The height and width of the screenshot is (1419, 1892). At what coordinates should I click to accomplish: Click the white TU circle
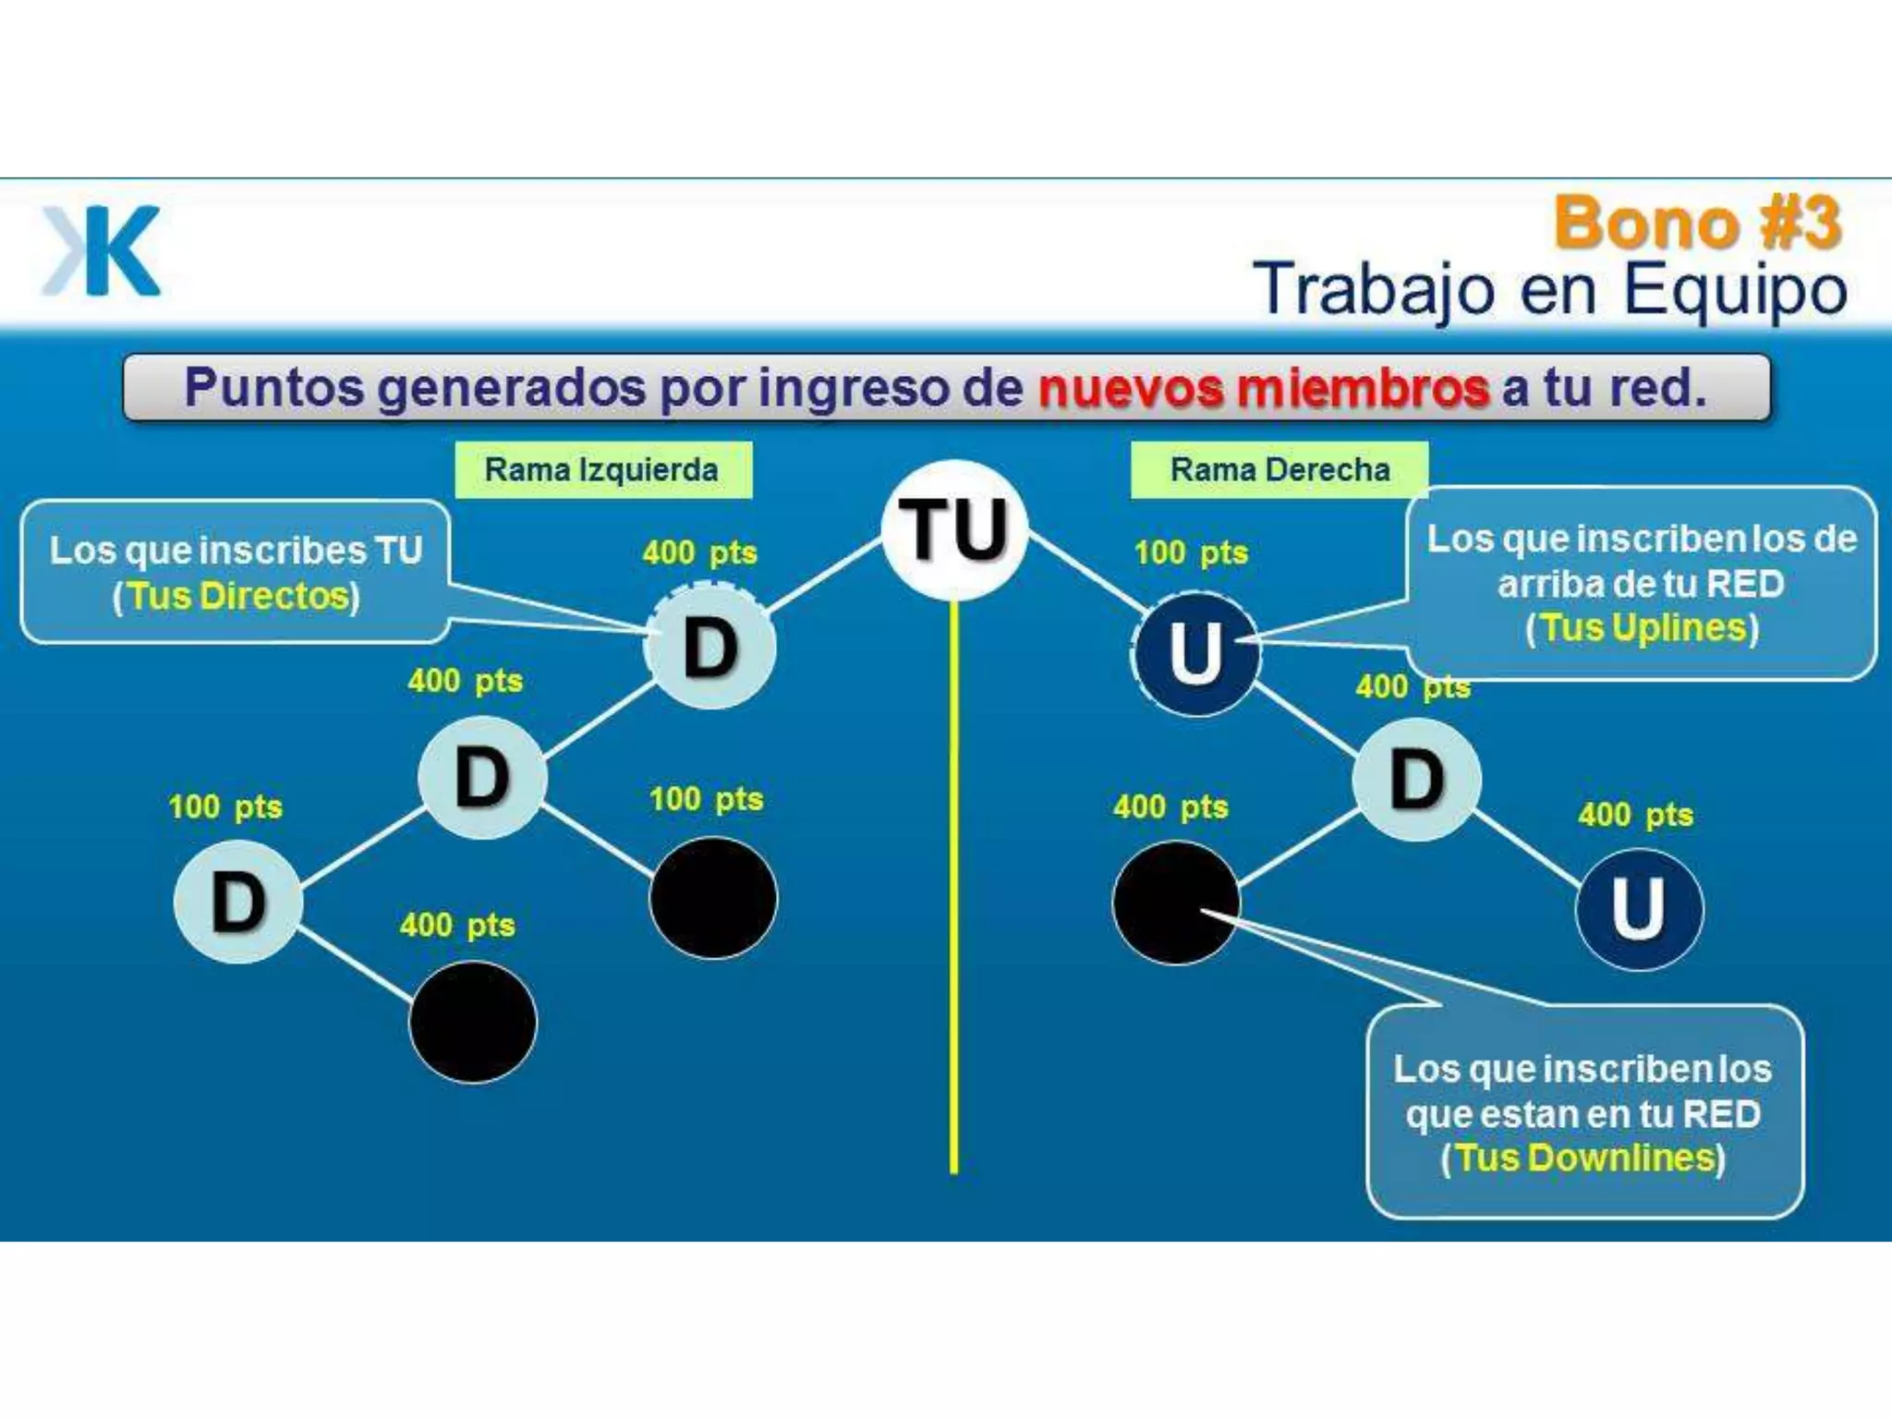954,529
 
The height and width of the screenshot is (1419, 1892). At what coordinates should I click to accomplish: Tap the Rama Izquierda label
602,470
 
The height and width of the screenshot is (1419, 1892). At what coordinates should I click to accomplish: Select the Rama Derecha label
1280,470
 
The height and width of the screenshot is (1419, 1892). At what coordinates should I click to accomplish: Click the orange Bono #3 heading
1698,223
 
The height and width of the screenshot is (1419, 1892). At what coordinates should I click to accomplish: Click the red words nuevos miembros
1263,388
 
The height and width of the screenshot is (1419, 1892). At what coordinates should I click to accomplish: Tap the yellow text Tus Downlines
1584,1158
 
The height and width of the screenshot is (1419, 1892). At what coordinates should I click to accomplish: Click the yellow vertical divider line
954,887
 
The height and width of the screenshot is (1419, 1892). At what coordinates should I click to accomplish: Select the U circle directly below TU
1196,653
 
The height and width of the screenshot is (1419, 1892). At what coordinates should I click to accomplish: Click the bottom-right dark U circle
1639,909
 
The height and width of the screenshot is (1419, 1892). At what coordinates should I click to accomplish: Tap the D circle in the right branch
1416,780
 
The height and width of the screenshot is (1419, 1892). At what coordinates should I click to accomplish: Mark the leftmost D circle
238,902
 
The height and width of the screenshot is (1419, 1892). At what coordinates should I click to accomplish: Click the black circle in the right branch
1175,903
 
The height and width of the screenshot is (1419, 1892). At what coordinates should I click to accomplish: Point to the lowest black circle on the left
473,1022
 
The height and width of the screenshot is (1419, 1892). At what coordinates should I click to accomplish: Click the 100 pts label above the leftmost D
225,807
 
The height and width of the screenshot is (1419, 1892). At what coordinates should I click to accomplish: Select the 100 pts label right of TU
1191,552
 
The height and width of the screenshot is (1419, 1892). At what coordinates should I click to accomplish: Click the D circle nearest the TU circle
709,647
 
